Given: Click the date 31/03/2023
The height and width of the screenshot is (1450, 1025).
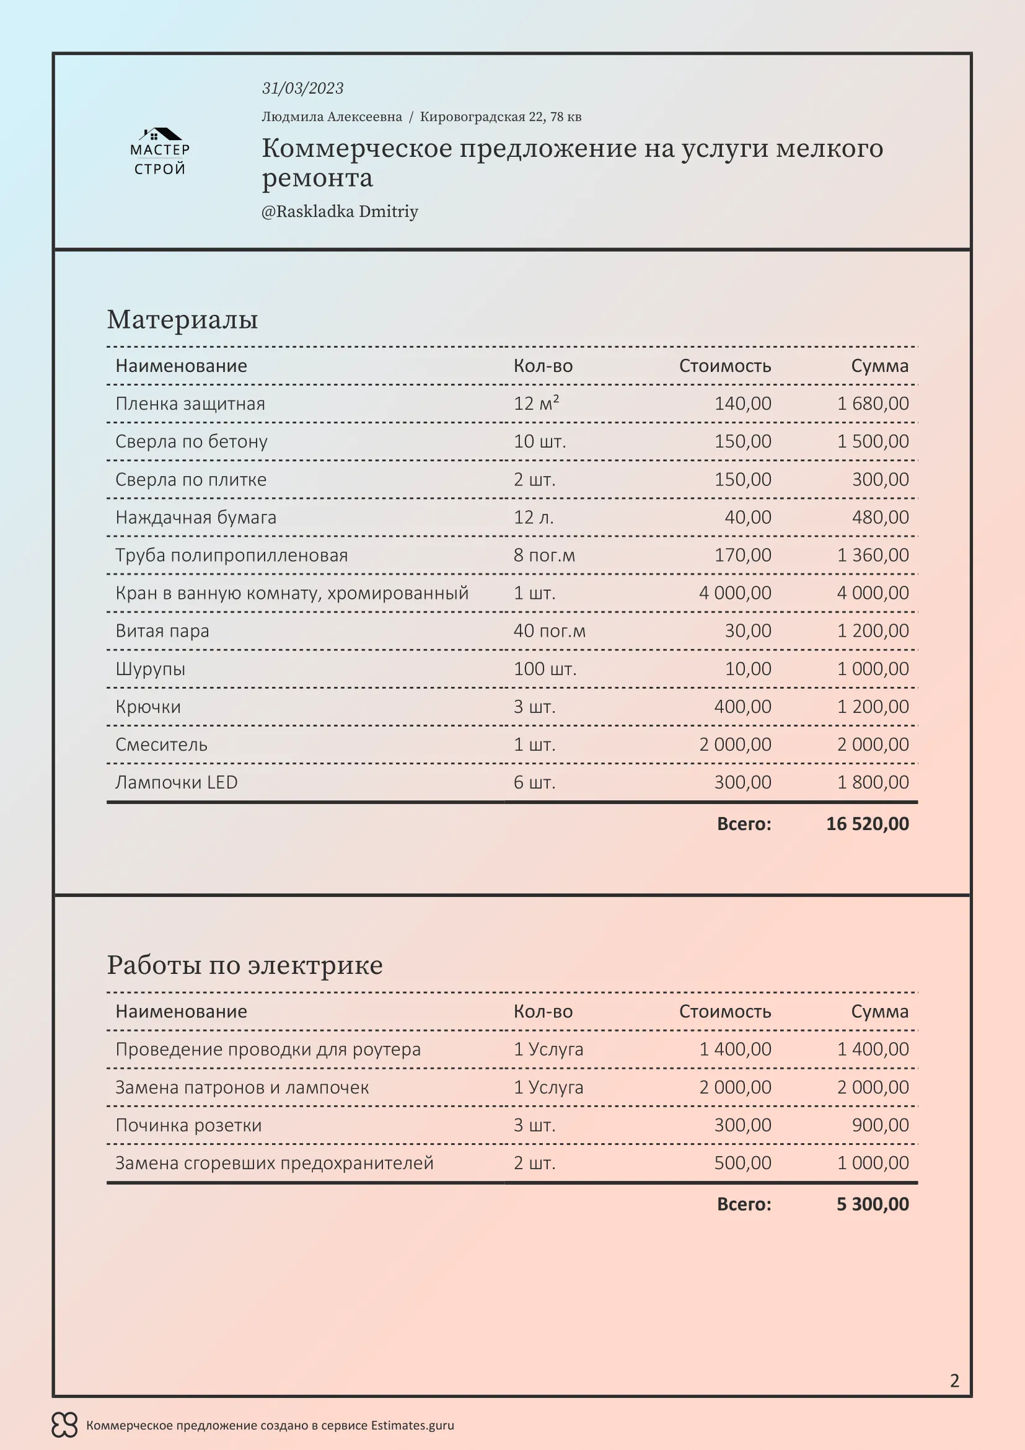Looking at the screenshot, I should point(302,89).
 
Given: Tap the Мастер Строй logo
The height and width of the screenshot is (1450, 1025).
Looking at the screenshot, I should point(160,151).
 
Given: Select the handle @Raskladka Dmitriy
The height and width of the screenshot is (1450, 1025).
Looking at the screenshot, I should point(340,211).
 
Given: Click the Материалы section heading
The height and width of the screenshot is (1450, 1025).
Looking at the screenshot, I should point(182,319).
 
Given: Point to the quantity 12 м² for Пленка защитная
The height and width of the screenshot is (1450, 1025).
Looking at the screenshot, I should point(536,404).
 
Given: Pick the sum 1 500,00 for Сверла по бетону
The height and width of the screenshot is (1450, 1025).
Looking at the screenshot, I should point(873,441).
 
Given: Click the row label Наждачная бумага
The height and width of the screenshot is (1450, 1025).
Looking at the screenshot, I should point(196,517).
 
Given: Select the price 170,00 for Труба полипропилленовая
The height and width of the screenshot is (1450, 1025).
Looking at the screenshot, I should point(742,555).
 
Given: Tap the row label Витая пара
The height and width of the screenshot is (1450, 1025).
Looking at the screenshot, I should point(162,631).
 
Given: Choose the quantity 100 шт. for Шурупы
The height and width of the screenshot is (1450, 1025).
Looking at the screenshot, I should point(545,669).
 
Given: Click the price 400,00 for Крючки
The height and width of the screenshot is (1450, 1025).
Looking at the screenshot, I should point(742,707).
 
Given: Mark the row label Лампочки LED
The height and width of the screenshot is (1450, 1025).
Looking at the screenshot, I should point(176,782).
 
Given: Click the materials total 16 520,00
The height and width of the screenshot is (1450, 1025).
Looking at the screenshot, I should point(867,824).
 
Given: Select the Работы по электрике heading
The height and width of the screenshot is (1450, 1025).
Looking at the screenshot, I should point(245,966).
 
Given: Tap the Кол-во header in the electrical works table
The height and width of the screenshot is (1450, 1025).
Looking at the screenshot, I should point(543,1012).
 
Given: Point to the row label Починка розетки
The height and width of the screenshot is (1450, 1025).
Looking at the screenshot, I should point(188,1125).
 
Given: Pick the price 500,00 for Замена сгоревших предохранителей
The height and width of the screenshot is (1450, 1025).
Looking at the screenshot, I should point(742,1163).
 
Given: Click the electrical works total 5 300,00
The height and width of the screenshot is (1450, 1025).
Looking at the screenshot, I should point(873,1205).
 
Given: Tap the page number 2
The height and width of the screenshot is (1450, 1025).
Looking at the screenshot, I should point(954,1381).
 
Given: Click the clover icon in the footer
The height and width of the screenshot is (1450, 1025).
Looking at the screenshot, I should point(64,1425).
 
